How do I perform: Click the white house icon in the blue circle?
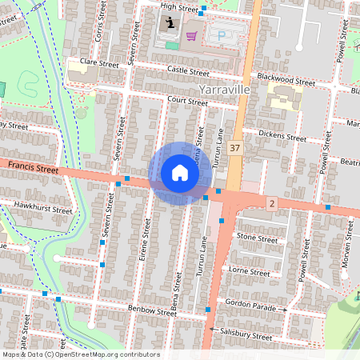179,173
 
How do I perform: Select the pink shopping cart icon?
191,36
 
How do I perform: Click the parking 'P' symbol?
221,36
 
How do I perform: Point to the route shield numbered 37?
234,148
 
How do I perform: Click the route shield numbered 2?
272,205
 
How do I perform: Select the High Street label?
178,7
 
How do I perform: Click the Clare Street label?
99,62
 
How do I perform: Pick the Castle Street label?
188,70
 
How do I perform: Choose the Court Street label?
188,102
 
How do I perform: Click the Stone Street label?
257,238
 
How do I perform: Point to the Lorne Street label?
250,272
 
